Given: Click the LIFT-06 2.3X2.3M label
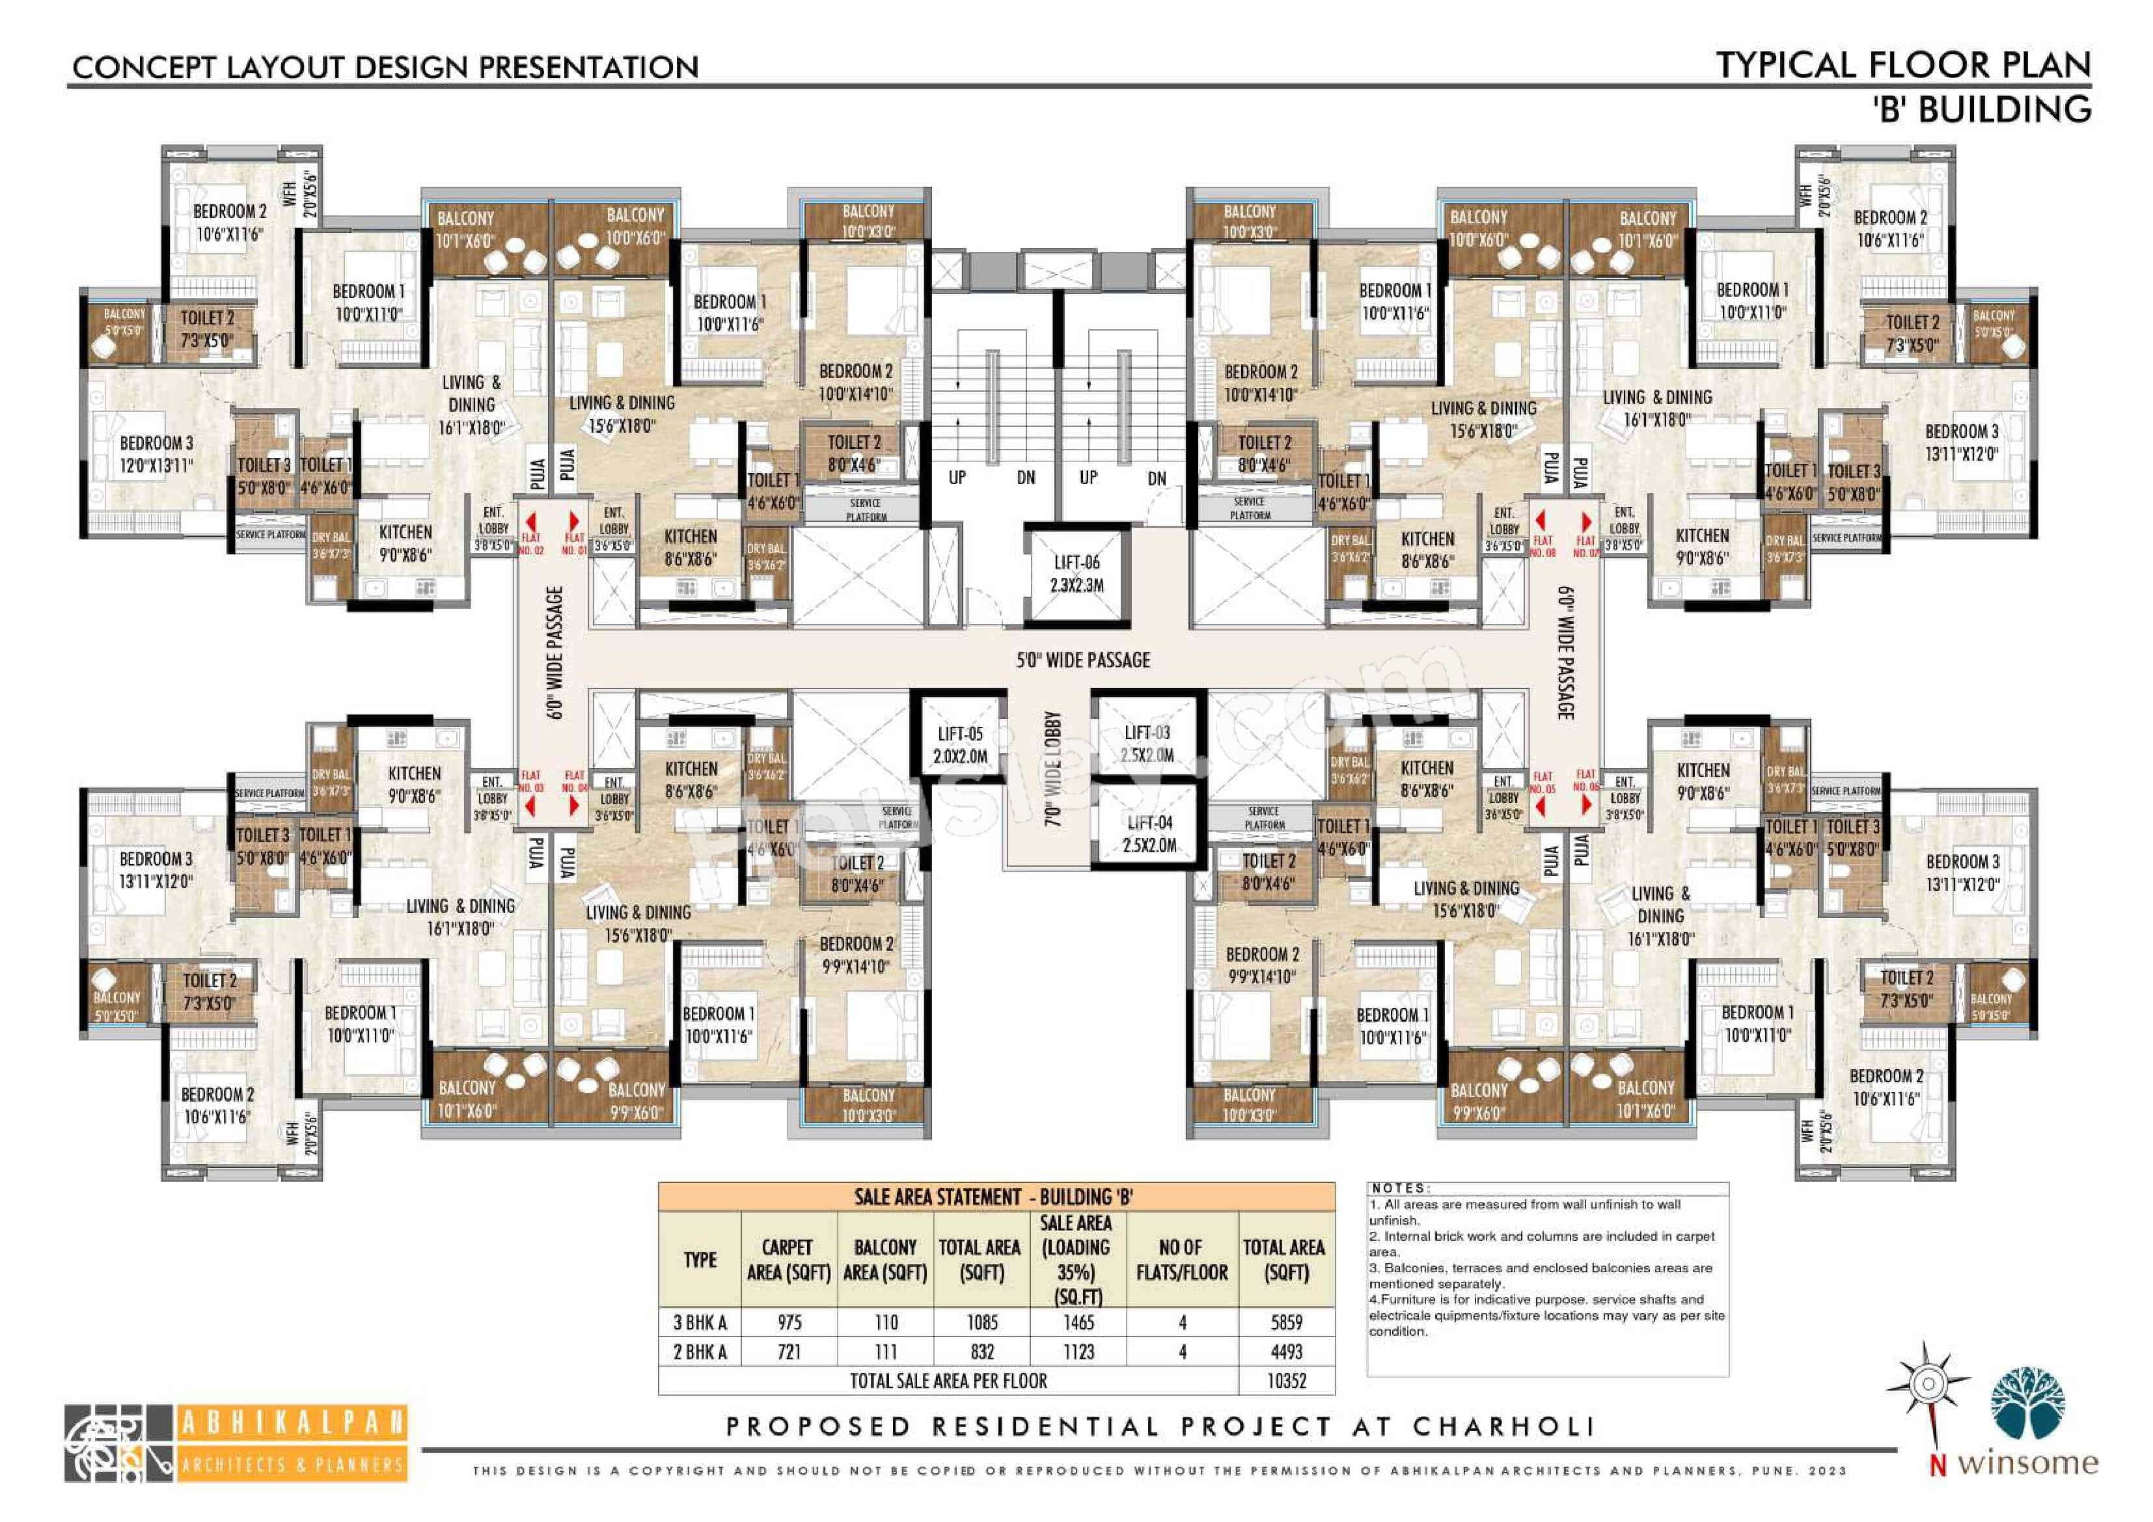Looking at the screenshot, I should pyautogui.click(x=1076, y=574).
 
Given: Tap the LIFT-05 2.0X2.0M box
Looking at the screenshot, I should pyautogui.click(x=960, y=746).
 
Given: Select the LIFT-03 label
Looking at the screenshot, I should pyautogui.click(x=1147, y=733).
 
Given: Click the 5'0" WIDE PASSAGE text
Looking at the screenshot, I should pyautogui.click(x=1083, y=660).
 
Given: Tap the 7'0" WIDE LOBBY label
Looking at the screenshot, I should pyautogui.click(x=1052, y=769).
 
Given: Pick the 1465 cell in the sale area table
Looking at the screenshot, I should pyautogui.click(x=1078, y=1322).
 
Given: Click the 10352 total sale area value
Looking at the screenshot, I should pyautogui.click(x=1287, y=1380).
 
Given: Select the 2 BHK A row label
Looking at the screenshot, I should pyautogui.click(x=700, y=1352).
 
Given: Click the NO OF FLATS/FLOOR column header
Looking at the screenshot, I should pyautogui.click(x=1181, y=1259).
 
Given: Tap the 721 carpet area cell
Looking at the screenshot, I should pyautogui.click(x=789, y=1352).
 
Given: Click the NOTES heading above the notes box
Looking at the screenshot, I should pyautogui.click(x=1400, y=1188).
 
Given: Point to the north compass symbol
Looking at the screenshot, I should pyautogui.click(x=1928, y=1384).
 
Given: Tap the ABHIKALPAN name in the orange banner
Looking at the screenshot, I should pyautogui.click(x=292, y=1422).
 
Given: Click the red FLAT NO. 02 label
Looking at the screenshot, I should pyautogui.click(x=530, y=544).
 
